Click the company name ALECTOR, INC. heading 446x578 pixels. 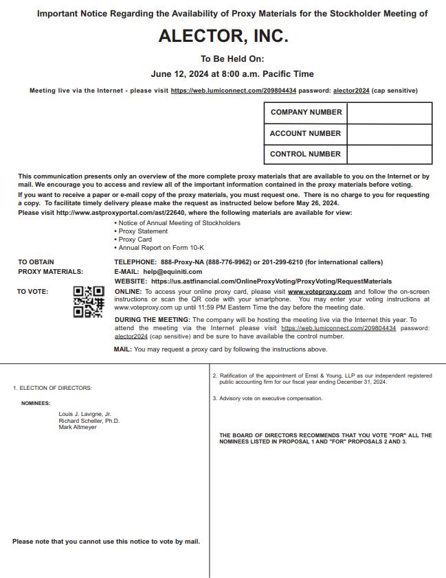223,36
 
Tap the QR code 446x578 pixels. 89,302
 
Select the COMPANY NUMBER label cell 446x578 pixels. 306,113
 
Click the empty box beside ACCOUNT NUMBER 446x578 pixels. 389,134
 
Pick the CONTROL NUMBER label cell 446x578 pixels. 305,154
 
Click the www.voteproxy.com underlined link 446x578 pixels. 320,292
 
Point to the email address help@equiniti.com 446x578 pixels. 172,272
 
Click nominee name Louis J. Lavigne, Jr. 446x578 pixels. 85,415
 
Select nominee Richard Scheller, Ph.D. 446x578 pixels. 89,421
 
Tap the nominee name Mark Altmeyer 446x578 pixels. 78,427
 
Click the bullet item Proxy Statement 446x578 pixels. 143,231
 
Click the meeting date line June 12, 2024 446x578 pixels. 223,74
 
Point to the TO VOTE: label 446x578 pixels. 32,292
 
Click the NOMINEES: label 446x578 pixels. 36,404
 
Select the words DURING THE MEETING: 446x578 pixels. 152,320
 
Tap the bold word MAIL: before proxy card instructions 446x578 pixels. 123,349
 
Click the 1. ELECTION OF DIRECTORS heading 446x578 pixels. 52,389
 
